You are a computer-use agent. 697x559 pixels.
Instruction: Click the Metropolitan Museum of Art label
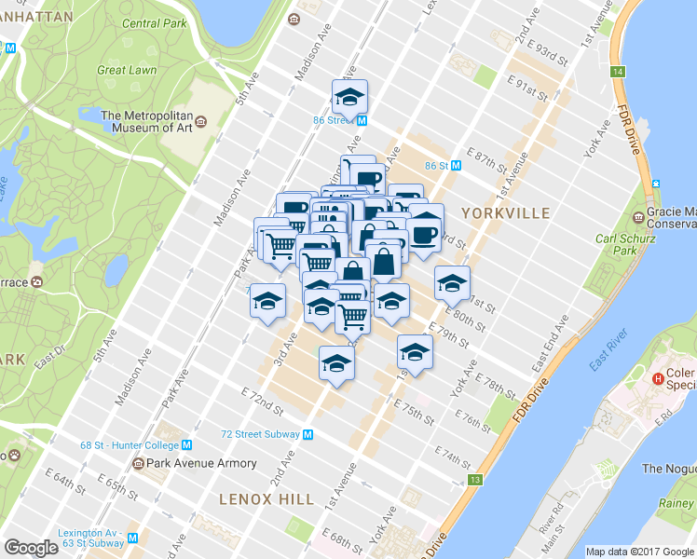point(148,122)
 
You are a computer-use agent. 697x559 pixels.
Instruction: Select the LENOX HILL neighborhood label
point(266,499)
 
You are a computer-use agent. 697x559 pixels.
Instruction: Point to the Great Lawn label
point(126,69)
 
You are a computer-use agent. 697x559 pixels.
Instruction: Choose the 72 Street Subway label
point(260,434)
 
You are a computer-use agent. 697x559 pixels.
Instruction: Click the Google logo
point(31,548)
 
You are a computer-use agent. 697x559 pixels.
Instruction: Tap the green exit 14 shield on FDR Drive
point(617,72)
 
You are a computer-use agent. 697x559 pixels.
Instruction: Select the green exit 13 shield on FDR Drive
point(475,480)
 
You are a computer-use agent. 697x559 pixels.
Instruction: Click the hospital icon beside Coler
point(658,378)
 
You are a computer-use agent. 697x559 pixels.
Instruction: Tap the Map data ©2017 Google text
point(640,552)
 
